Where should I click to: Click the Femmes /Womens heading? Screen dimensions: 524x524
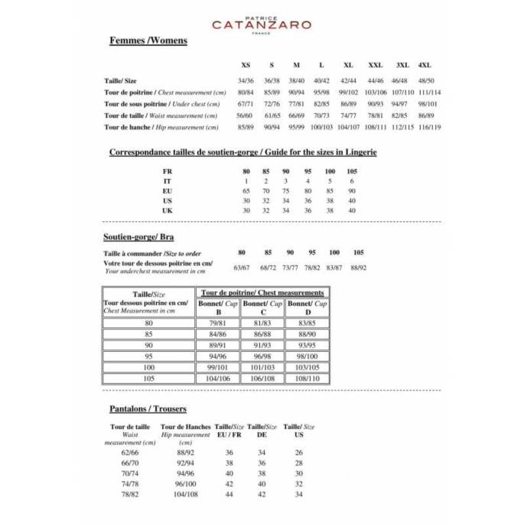[x=148, y=41]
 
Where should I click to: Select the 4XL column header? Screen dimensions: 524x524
[x=425, y=65]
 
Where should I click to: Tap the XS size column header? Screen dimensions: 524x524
[x=246, y=65]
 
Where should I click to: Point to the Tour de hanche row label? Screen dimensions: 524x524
[x=128, y=127]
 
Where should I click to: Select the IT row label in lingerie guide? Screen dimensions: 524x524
[x=168, y=181]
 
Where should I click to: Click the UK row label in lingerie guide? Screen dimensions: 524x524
[x=168, y=210]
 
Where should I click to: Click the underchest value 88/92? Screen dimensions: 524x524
[x=359, y=268]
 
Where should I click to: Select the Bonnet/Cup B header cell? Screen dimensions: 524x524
[x=220, y=308]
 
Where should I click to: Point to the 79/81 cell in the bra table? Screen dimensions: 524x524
[x=220, y=324]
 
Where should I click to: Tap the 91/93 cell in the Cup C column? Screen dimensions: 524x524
[x=262, y=345]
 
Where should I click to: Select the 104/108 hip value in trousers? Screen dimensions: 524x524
[x=185, y=495]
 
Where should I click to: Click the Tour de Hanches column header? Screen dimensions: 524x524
[x=185, y=427]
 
